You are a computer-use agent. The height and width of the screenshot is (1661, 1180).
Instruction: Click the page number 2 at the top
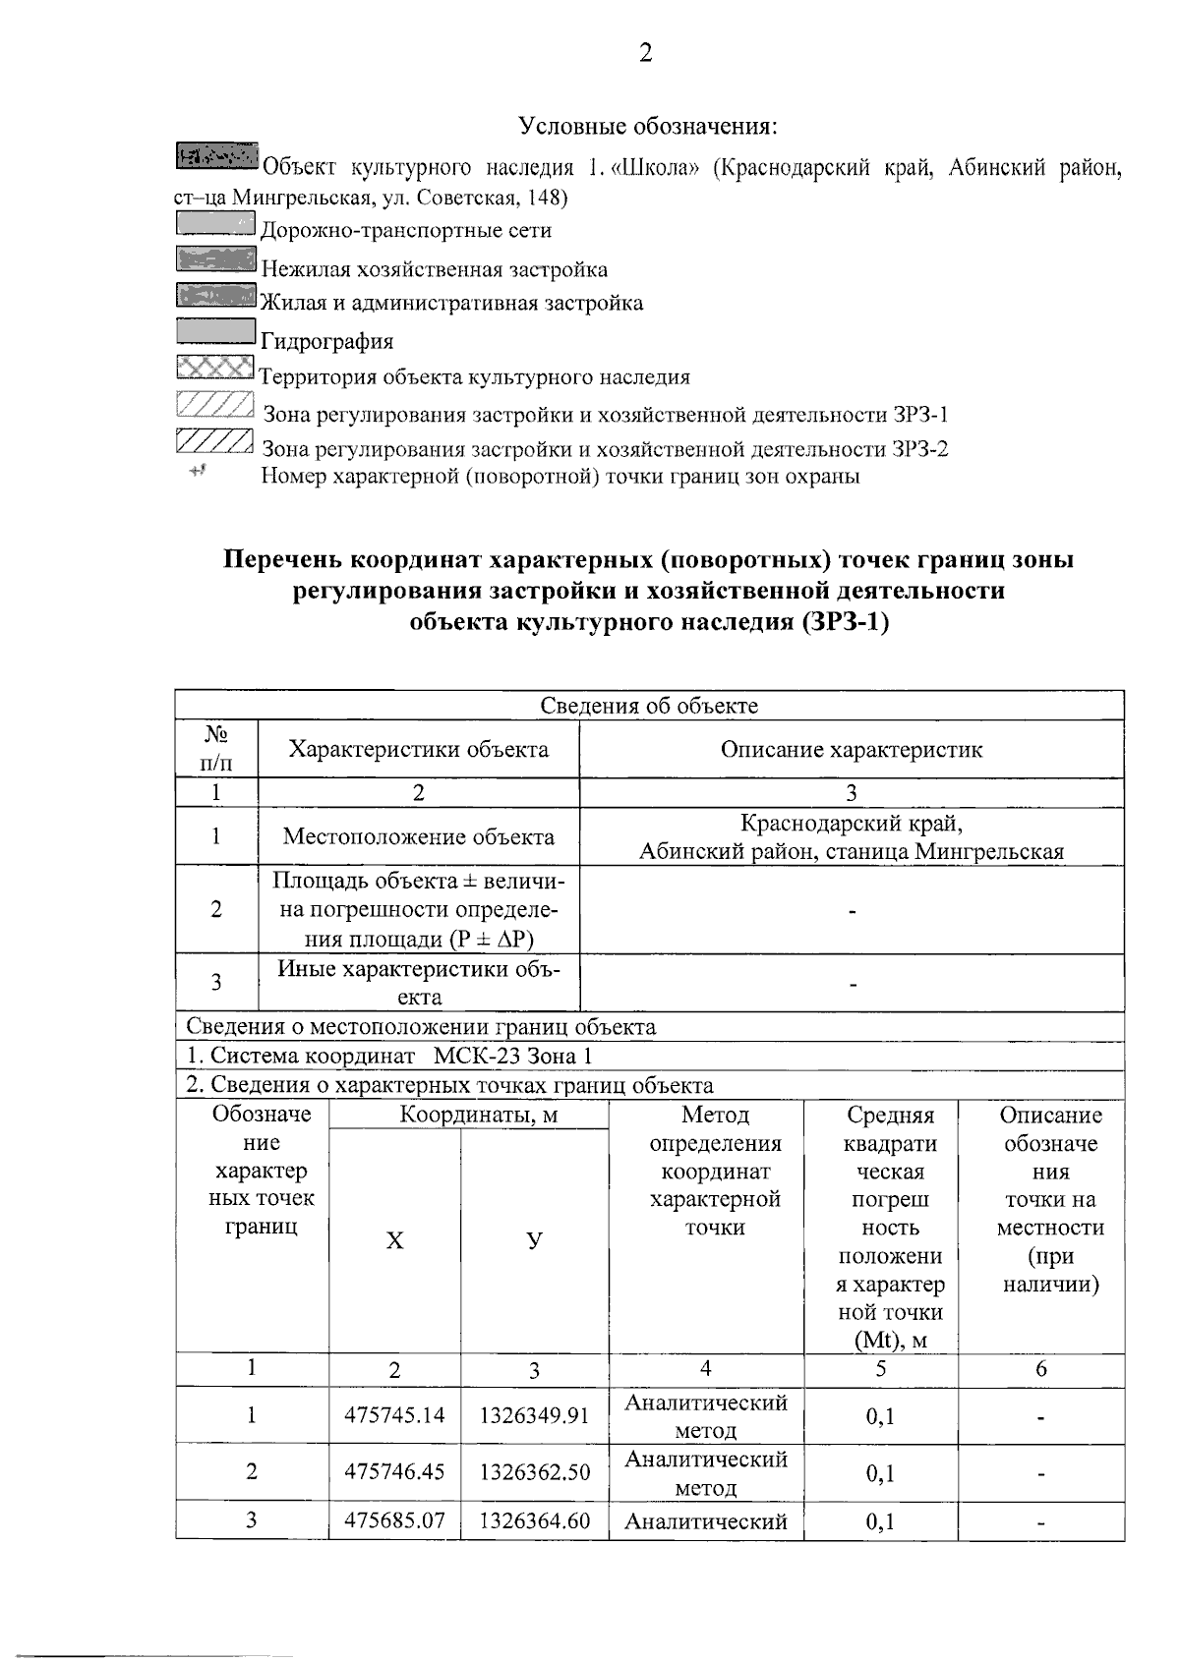pyautogui.click(x=645, y=54)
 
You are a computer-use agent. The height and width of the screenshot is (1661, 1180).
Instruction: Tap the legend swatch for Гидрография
pyautogui.click(x=215, y=333)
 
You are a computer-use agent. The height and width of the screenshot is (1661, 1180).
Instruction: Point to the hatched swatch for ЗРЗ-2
pyautogui.click(x=215, y=441)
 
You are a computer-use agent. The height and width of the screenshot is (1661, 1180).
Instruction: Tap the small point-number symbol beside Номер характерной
pyautogui.click(x=198, y=473)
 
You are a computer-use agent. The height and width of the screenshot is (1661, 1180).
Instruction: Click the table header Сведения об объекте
pyautogui.click(x=649, y=705)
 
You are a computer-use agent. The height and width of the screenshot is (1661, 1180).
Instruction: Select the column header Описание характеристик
pyautogui.click(x=852, y=750)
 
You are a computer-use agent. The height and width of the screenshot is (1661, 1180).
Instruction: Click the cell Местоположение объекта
pyautogui.click(x=418, y=836)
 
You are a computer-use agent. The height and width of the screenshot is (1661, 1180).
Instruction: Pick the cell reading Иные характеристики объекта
pyautogui.click(x=418, y=982)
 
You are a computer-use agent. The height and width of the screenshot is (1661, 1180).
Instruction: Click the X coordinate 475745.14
pyautogui.click(x=394, y=1415)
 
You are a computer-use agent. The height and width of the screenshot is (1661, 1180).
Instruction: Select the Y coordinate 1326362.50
pyautogui.click(x=534, y=1472)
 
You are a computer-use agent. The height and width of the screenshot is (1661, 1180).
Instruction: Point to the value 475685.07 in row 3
pyautogui.click(x=394, y=1521)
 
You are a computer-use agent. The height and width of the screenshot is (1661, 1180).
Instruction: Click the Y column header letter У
pyautogui.click(x=533, y=1240)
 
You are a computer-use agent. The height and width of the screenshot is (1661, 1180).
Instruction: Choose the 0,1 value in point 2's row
pyautogui.click(x=880, y=1473)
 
